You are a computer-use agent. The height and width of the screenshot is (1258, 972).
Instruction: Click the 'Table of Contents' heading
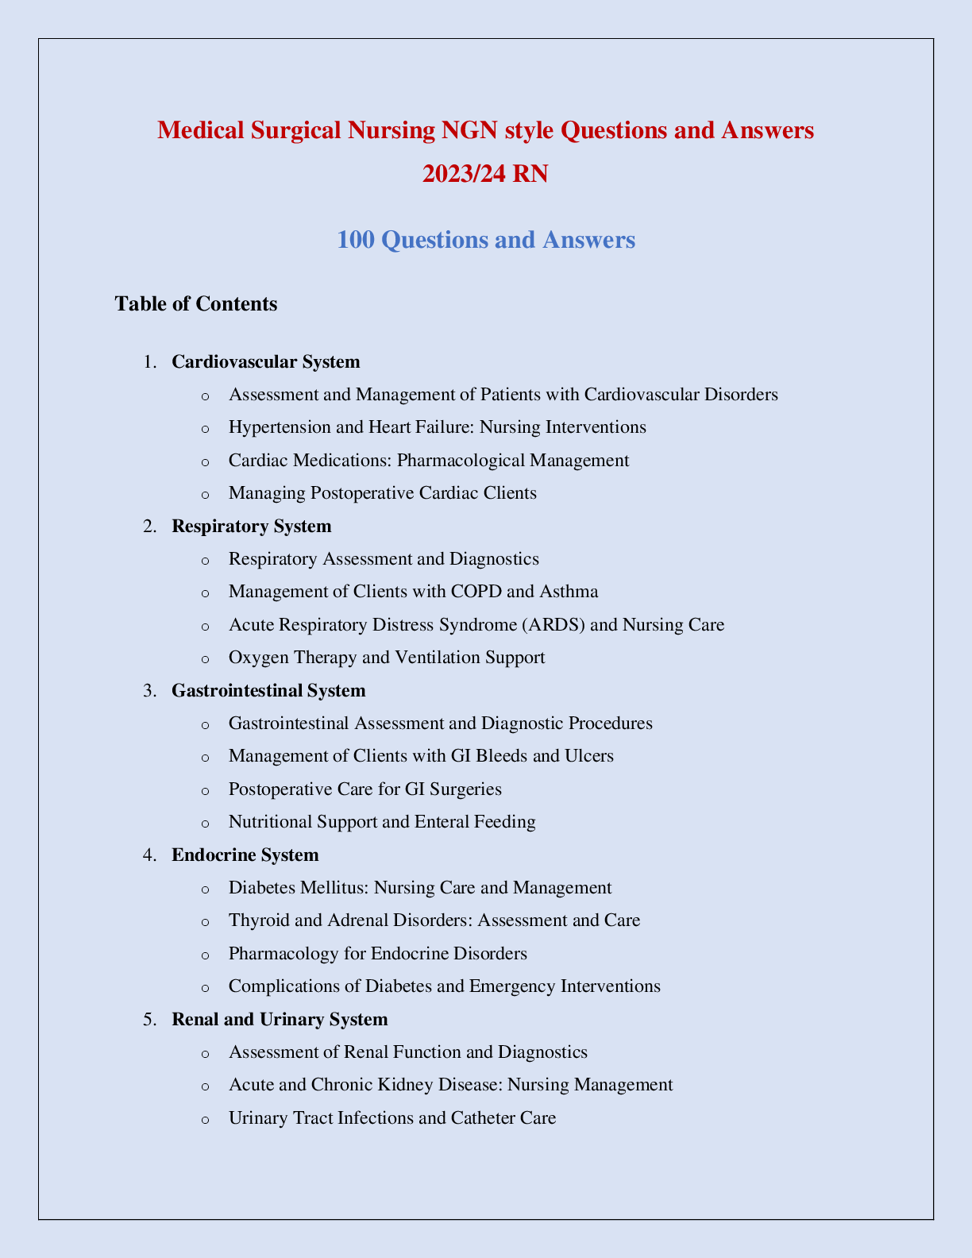(x=196, y=303)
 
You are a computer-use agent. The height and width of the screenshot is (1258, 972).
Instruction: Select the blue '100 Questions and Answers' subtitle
(x=486, y=239)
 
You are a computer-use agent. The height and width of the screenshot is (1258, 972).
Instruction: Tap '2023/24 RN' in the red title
(x=485, y=173)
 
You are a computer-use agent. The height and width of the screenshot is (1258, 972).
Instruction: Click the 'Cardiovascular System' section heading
(x=266, y=362)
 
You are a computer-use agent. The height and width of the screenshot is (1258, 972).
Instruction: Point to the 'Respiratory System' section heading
(x=252, y=526)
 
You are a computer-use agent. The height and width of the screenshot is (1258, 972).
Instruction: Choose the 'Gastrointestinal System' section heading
(x=268, y=690)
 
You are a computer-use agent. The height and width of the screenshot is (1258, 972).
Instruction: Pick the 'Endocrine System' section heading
(x=245, y=855)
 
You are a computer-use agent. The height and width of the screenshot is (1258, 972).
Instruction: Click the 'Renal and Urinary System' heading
(x=280, y=1019)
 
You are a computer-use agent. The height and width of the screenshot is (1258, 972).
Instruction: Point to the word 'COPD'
(x=480, y=592)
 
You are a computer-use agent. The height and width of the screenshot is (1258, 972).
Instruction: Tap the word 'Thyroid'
(x=256, y=920)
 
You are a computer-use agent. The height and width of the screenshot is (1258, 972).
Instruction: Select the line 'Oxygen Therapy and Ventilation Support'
(x=387, y=658)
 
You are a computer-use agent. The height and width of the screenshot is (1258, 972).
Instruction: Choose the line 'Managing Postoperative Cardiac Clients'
(x=383, y=493)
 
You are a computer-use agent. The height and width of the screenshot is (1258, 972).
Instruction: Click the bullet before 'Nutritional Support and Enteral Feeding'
(x=206, y=823)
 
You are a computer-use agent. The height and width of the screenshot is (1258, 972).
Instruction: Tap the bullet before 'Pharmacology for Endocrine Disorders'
(x=206, y=954)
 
